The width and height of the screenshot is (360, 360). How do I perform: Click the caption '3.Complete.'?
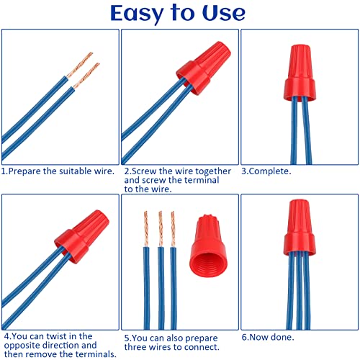pos(266,171)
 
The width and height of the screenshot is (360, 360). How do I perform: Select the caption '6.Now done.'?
pos(269,336)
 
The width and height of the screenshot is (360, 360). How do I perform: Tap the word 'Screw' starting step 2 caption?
pos(143,171)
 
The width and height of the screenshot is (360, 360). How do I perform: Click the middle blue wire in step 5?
pos(159,288)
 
